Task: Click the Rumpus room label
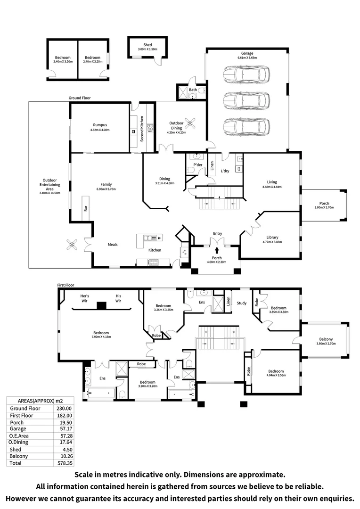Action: (100, 125)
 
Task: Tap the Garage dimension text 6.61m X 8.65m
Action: (247, 58)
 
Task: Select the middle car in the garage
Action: (246, 100)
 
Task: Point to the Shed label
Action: (147, 45)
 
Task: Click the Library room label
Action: (272, 238)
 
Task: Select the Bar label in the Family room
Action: (86, 208)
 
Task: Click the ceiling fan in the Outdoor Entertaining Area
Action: (73, 244)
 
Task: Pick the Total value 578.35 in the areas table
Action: (64, 464)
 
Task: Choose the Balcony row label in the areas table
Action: (18, 456)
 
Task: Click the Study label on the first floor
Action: (241, 303)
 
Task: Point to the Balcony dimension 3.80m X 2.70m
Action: (326, 344)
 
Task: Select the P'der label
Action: (191, 165)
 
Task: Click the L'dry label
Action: (225, 171)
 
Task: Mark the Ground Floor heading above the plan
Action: (79, 98)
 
